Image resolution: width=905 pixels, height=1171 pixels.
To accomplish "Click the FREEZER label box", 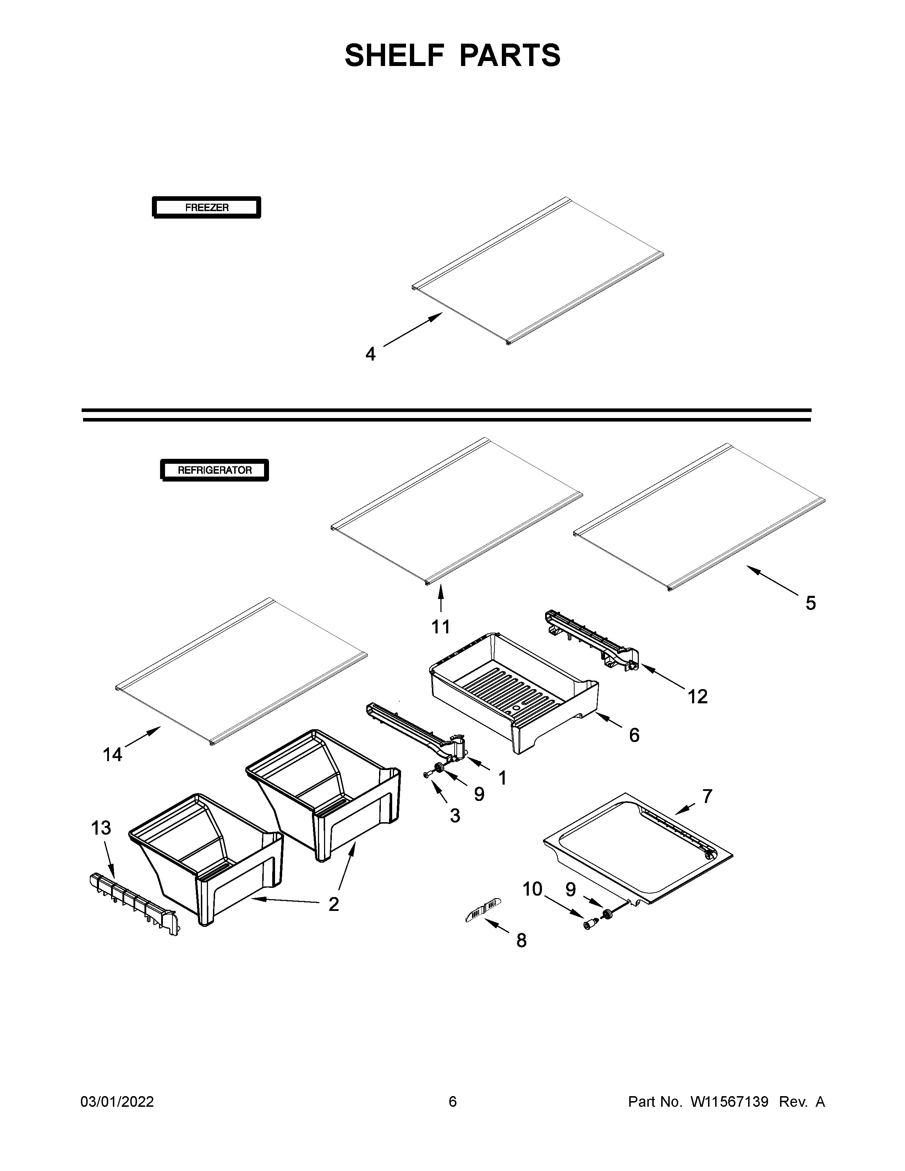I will [207, 208].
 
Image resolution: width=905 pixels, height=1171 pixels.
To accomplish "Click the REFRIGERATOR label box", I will [214, 470].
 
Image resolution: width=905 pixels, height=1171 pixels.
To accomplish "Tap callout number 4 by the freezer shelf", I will [371, 354].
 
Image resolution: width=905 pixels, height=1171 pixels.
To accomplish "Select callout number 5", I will [810, 603].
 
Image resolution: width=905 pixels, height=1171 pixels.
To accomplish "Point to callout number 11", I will [441, 626].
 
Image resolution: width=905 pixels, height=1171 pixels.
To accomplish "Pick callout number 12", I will [697, 697].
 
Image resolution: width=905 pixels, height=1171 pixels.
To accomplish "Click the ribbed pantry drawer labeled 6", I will [515, 692].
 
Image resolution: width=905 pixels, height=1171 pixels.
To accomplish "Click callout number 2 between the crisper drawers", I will [334, 904].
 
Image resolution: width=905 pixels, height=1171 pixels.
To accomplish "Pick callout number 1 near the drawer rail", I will [502, 777].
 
